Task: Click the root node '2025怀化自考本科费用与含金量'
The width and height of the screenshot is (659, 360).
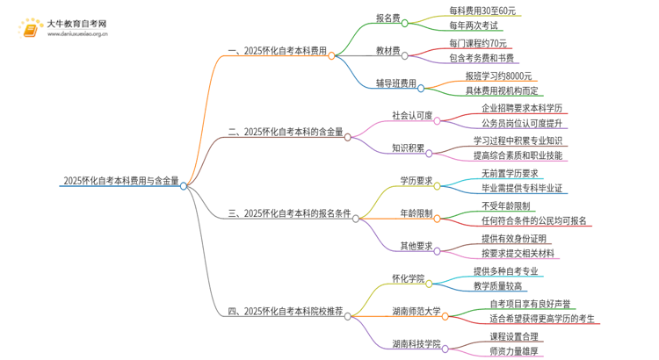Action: point(120,181)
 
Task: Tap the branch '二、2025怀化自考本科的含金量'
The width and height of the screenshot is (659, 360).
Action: point(285,132)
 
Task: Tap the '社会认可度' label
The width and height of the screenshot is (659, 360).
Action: point(413,116)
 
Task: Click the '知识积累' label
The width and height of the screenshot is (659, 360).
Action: point(408,147)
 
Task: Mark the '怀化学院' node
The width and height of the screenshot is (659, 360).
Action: point(408,278)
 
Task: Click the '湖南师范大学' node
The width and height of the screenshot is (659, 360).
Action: point(416,311)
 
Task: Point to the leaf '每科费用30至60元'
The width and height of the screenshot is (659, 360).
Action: point(480,11)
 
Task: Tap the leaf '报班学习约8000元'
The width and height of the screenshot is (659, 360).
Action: point(498,76)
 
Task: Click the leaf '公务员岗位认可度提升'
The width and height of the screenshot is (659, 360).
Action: point(525,123)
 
